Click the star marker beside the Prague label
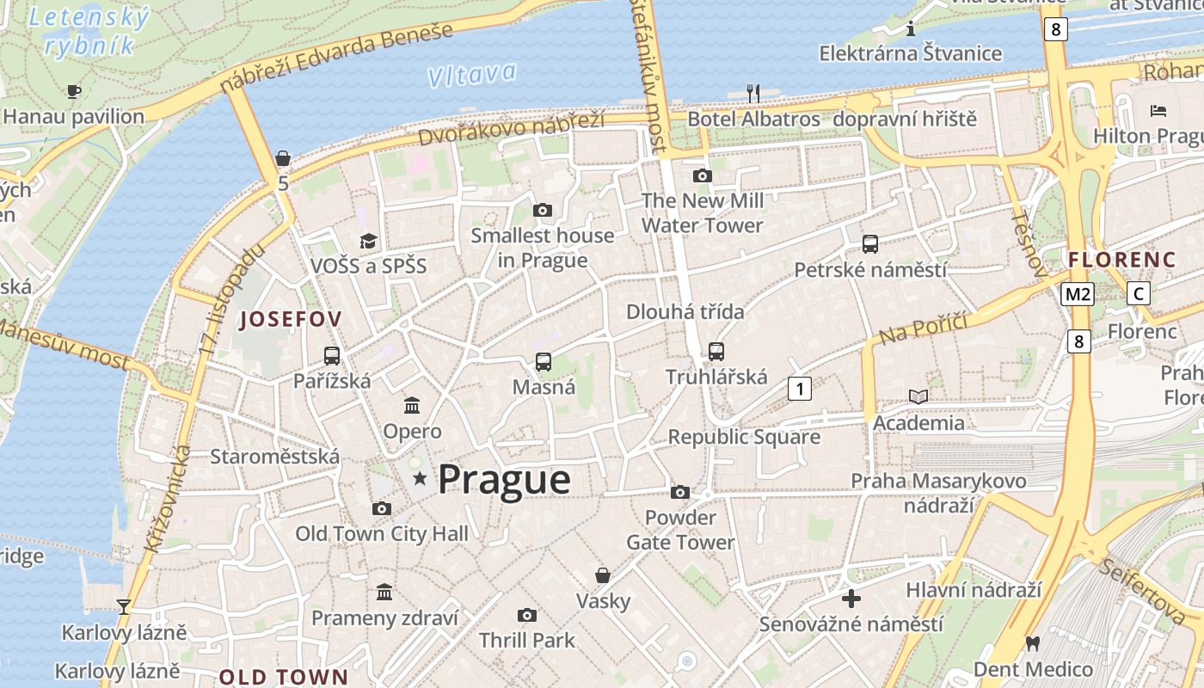(420, 478)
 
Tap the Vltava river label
(472, 76)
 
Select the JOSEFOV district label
(291, 319)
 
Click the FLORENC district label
(1121, 259)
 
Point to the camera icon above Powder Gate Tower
(680, 492)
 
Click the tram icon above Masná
(544, 362)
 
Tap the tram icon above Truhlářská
(716, 351)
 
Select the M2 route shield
(1077, 294)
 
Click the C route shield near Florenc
(1139, 294)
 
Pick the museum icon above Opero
(412, 405)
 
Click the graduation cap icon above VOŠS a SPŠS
(368, 241)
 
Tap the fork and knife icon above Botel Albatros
(753, 93)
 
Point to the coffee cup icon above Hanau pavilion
(74, 91)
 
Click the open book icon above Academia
(918, 396)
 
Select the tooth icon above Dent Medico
(1033, 642)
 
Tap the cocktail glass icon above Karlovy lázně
(124, 607)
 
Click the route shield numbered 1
(800, 389)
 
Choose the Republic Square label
(744, 437)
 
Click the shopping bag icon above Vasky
(603, 574)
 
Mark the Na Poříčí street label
(924, 327)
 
